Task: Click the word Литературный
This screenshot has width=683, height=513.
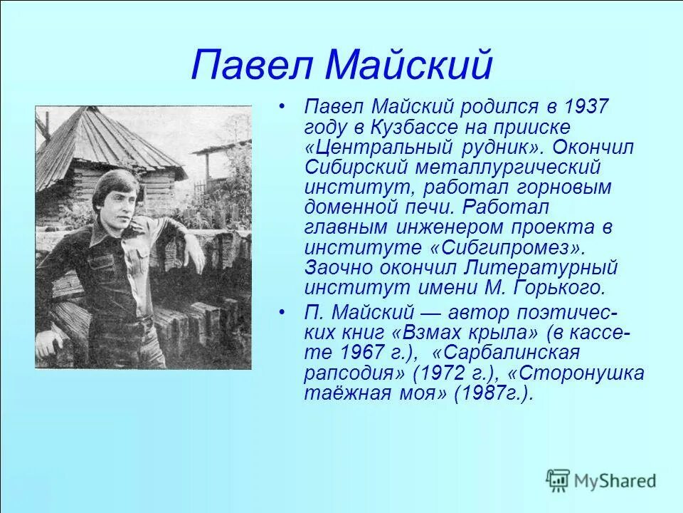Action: tap(541, 268)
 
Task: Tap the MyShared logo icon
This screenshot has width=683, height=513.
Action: tap(558, 480)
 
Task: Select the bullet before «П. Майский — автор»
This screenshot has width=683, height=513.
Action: tap(283, 313)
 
